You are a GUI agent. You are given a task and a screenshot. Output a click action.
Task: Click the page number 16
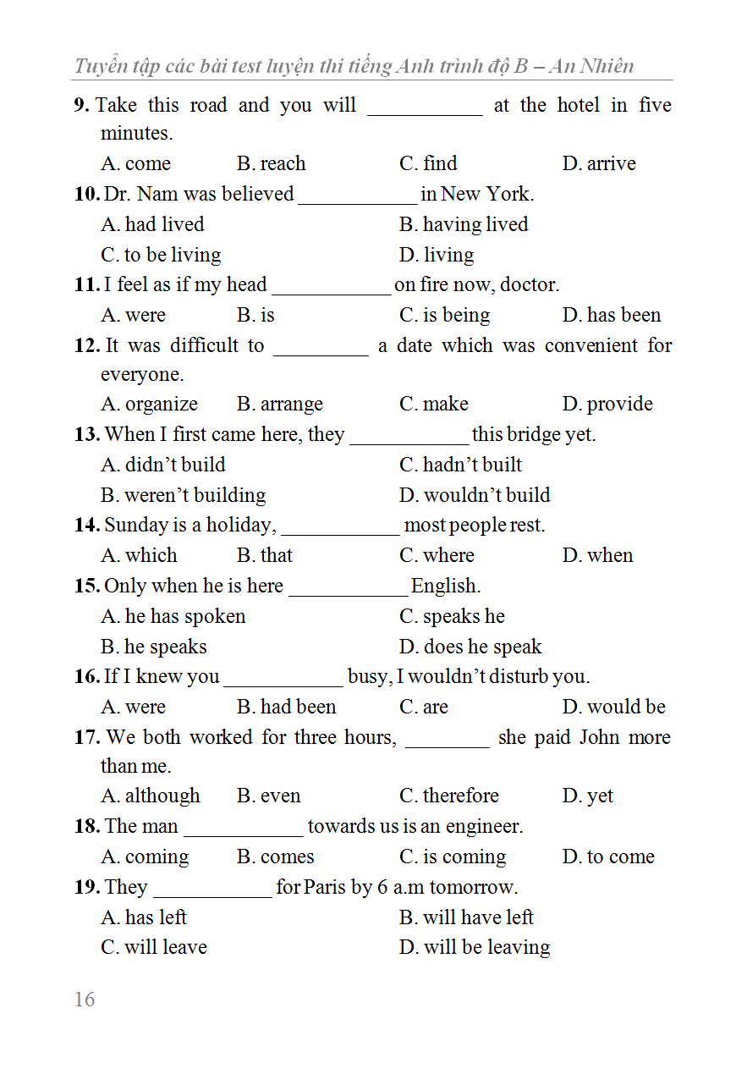point(85,1000)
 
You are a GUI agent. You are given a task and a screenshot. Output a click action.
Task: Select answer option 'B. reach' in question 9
point(271,163)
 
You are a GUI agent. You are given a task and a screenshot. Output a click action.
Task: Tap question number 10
point(86,194)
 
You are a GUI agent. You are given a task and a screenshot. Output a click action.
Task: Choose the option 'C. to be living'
point(161,255)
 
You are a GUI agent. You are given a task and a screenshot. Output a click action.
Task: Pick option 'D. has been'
point(611,315)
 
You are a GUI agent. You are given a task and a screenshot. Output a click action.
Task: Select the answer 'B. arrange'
point(279,405)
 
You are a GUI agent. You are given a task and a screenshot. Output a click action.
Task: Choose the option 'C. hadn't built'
point(460,465)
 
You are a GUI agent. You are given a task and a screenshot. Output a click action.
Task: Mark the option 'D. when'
point(597,555)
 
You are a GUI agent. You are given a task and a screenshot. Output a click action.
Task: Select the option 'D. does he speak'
point(470,647)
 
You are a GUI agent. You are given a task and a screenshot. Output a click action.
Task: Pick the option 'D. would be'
point(613,707)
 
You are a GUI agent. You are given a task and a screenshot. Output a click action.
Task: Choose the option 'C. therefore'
point(448,796)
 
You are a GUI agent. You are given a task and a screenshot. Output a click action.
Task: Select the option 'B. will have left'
point(466,917)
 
